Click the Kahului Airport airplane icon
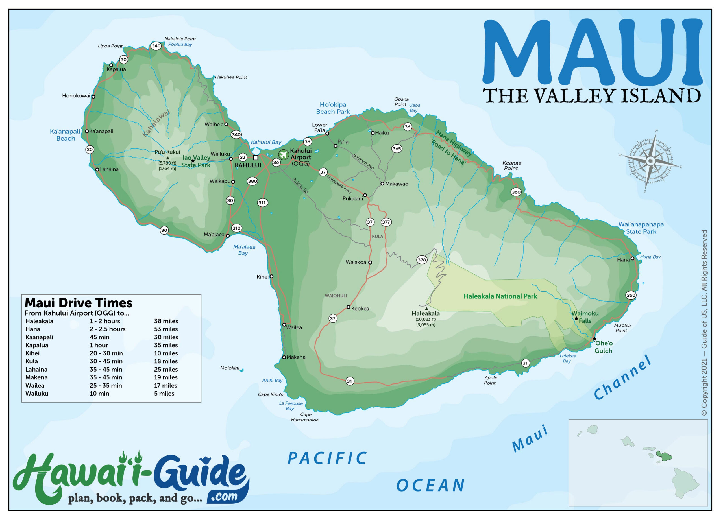[283, 155]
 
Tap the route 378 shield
[421, 260]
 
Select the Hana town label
[623, 260]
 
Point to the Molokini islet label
[229, 368]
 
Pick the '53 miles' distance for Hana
[166, 329]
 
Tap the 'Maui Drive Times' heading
[79, 303]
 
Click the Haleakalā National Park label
[500, 296]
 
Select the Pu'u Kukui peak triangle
[168, 158]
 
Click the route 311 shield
[262, 203]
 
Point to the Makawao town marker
[382, 184]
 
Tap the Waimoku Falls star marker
[576, 318]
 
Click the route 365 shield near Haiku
[397, 148]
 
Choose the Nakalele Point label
[180, 39]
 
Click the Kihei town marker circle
[271, 276]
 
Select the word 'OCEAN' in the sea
[430, 486]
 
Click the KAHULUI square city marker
[256, 158]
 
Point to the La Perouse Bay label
[290, 406]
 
